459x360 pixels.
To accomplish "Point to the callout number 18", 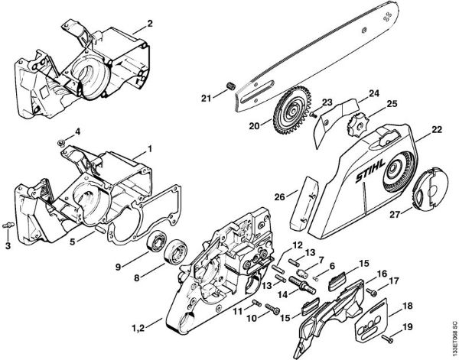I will (x=407, y=305).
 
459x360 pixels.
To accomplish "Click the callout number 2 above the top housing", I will (x=149, y=24).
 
